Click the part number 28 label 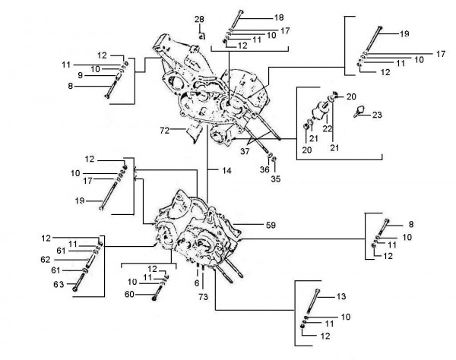[199, 19]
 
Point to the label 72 [164, 131]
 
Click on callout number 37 [245, 150]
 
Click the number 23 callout [378, 115]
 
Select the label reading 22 [328, 129]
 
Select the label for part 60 [128, 294]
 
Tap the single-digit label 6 [196, 283]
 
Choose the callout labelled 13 [342, 296]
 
